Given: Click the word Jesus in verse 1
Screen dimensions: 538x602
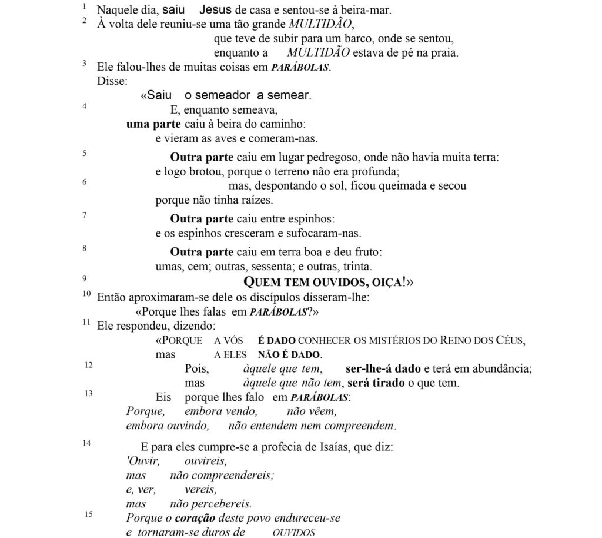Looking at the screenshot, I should click(x=215, y=10).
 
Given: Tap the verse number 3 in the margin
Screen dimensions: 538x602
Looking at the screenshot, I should click(x=85, y=63).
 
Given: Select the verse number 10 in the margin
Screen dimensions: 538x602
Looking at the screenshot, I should click(x=86, y=293).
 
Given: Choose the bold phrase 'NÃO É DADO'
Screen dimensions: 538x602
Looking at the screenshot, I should click(x=289, y=355).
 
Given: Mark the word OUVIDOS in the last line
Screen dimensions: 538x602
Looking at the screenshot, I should click(x=294, y=533).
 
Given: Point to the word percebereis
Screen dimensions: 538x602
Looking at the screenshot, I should click(x=210, y=504).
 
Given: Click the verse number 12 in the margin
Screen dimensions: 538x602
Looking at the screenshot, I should click(x=88, y=365).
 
